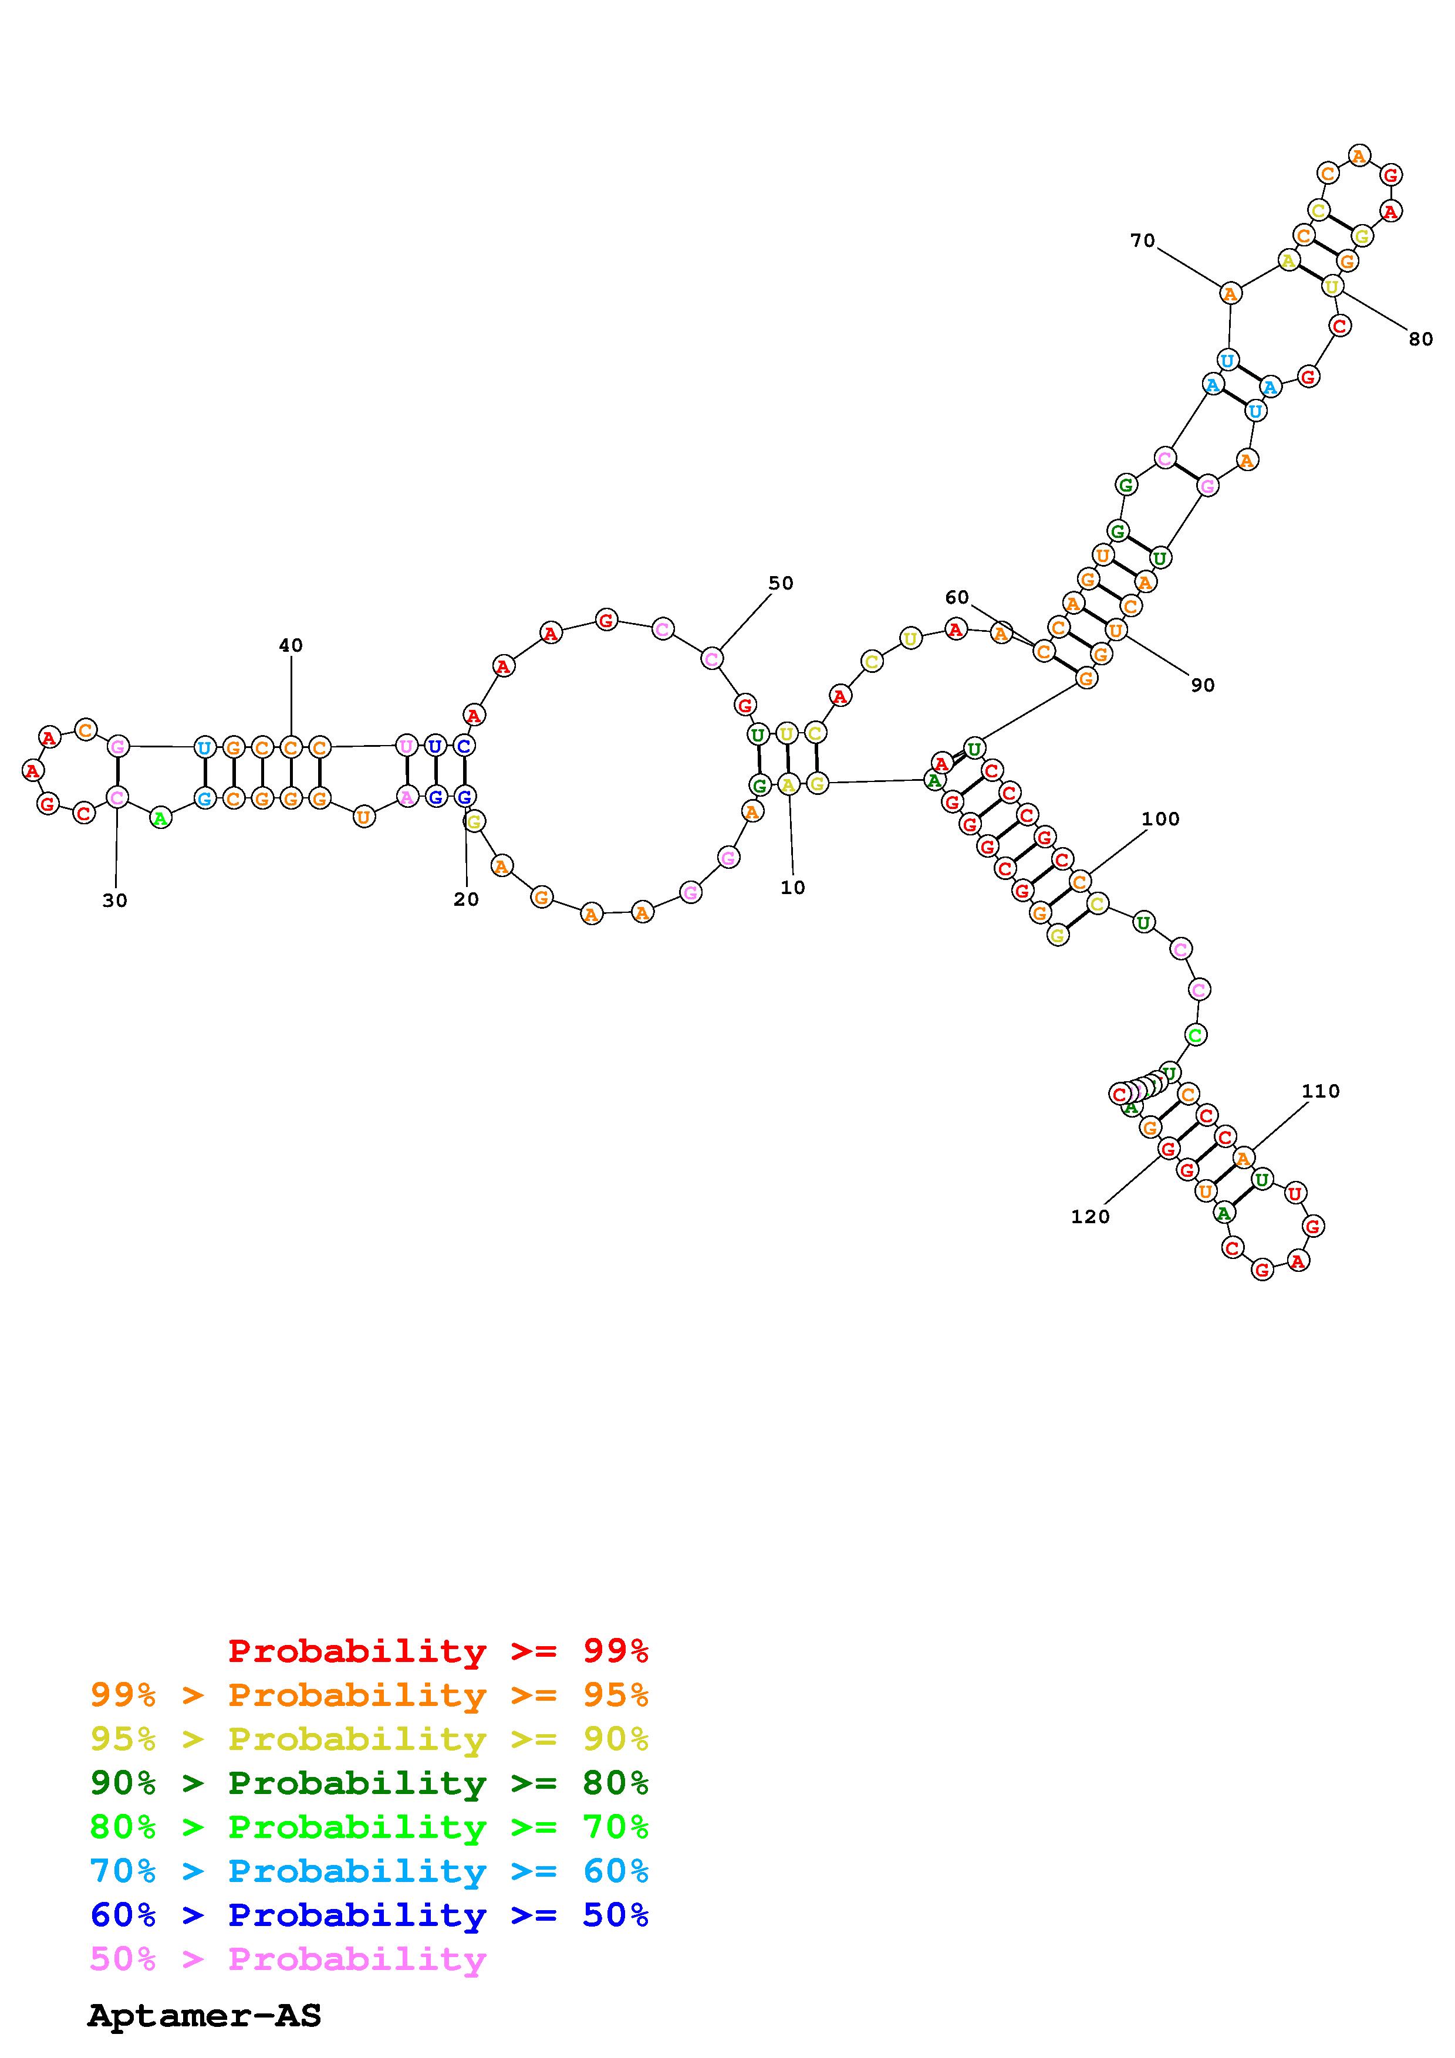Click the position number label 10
click(x=792, y=888)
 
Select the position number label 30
click(x=115, y=901)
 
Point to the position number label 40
click(x=291, y=645)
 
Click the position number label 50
click(x=781, y=584)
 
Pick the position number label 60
click(x=957, y=598)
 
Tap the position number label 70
click(x=1142, y=240)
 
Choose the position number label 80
click(x=1420, y=339)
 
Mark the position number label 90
click(x=1202, y=685)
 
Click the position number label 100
click(x=1160, y=818)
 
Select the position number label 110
click(x=1319, y=1091)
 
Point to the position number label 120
click(x=1090, y=1216)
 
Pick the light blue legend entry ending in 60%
click(x=369, y=1871)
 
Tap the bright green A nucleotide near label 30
click(x=160, y=817)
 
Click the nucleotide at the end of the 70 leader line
click(x=1231, y=293)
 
